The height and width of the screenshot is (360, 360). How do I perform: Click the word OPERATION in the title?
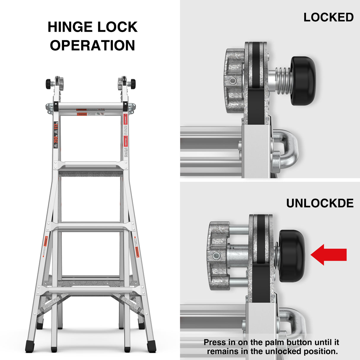(92, 45)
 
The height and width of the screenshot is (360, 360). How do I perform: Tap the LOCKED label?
(328, 17)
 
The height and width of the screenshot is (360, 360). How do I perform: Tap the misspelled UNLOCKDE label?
(320, 203)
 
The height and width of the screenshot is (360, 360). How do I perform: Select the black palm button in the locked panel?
(303, 81)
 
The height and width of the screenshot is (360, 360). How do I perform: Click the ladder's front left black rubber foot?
(30, 346)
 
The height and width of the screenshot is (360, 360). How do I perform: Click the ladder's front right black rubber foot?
(151, 346)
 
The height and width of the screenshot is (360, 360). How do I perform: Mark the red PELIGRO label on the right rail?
(125, 142)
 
